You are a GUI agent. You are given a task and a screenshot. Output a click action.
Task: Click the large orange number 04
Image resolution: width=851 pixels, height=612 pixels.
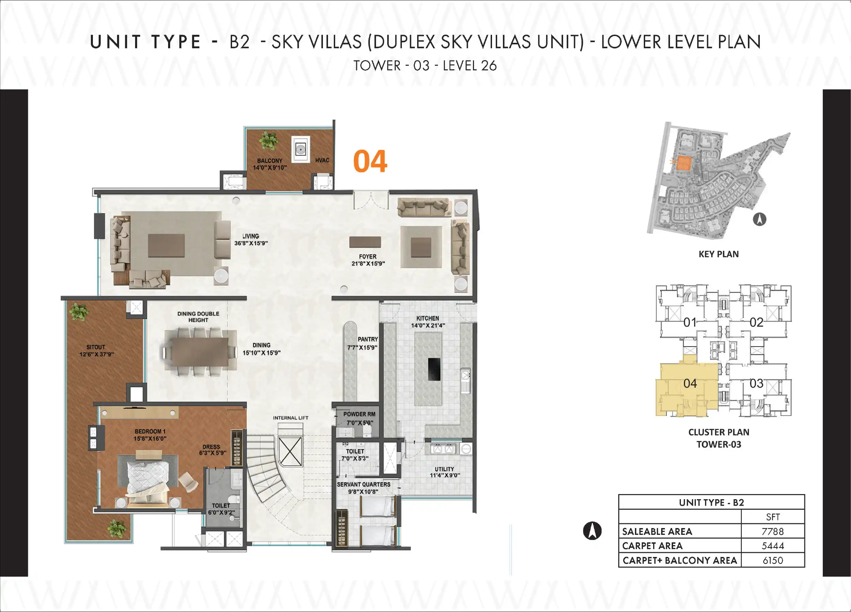(370, 161)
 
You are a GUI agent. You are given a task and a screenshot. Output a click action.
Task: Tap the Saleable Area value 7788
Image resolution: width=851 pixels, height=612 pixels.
(773, 531)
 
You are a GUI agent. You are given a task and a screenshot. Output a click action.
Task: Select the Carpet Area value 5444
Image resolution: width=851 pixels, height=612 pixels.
(773, 546)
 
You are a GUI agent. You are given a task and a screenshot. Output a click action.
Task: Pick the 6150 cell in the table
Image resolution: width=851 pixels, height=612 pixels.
(773, 560)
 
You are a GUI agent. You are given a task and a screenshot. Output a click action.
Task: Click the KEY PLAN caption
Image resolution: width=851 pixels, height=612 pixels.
(719, 254)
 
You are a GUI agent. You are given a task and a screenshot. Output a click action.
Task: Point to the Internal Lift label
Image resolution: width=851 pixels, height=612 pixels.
(291, 418)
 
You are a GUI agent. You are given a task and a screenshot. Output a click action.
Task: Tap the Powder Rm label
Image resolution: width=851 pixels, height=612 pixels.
(359, 414)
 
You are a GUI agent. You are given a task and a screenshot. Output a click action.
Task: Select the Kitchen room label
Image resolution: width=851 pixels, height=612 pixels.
(427, 318)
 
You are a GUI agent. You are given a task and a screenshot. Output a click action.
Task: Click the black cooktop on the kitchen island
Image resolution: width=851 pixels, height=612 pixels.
(434, 369)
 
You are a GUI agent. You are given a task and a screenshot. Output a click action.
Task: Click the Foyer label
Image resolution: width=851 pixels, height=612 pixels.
(367, 257)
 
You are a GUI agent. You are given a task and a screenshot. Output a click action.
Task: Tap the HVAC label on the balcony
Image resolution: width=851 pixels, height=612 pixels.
(322, 160)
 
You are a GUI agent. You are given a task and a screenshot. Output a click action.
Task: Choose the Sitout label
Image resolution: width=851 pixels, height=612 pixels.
(96, 347)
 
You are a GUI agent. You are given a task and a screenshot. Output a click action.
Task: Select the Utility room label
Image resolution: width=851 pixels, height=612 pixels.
(444, 469)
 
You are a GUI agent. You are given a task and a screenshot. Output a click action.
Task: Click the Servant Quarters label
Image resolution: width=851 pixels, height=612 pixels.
(364, 485)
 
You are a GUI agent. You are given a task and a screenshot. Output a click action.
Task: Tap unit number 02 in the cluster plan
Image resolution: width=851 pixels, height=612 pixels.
(756, 322)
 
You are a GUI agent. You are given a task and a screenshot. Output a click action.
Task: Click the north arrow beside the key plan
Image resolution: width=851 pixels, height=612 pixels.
(759, 219)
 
